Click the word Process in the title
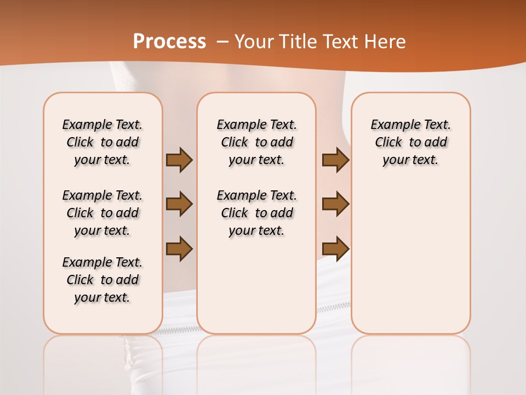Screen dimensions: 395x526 169,41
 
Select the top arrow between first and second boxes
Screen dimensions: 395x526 179,160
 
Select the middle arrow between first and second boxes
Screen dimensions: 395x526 179,204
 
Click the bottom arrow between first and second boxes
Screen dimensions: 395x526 179,249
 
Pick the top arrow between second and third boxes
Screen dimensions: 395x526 335,160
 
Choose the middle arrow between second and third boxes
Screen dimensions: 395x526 335,204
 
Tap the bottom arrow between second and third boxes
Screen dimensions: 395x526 335,249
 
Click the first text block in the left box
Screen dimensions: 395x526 102,142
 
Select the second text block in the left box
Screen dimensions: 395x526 102,213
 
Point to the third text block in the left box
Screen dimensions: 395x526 102,280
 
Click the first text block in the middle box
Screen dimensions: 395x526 256,142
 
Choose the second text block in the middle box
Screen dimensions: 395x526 256,213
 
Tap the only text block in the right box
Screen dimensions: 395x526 410,142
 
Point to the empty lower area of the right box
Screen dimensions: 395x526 410,258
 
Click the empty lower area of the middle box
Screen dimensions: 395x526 256,285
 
